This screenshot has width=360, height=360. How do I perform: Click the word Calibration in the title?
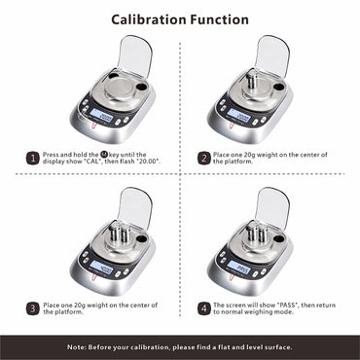tap(148, 19)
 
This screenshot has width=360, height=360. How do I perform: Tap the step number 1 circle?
tap(33, 157)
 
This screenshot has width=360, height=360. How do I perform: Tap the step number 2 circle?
tap(203, 157)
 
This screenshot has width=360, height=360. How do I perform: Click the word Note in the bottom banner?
tap(78, 346)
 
